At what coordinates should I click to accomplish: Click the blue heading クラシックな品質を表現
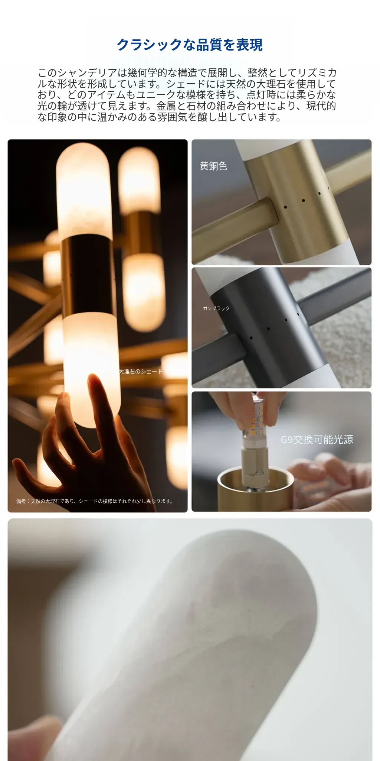(190, 45)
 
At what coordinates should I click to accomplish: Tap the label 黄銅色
(213, 166)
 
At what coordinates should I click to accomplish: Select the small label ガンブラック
(216, 308)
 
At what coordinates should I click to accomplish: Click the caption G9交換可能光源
(317, 440)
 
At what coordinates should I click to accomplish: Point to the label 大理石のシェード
(141, 372)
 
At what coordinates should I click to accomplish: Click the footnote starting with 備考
(95, 501)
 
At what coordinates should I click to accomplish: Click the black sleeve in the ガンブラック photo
(269, 327)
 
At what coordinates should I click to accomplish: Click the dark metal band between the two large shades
(88, 275)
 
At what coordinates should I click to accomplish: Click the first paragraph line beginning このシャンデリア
(187, 73)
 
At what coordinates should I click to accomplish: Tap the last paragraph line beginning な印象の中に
(160, 117)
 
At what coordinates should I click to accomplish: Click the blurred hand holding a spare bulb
(330, 483)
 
